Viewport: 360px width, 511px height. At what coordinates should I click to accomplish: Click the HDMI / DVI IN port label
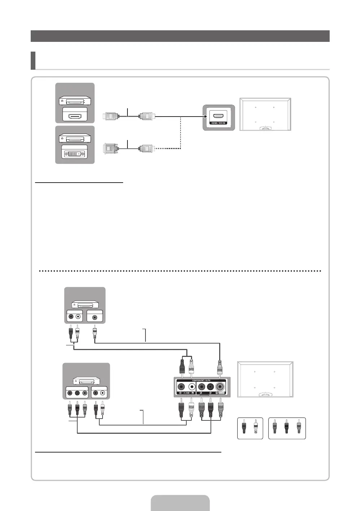[x=218, y=123]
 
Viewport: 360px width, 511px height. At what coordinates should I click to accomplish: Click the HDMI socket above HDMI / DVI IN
[x=218, y=116]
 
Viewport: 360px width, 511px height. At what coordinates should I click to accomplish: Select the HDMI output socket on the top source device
[x=74, y=116]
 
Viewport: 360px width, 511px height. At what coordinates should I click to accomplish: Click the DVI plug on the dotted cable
[x=110, y=148]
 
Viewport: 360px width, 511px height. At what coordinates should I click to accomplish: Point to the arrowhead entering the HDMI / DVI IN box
[x=206, y=117]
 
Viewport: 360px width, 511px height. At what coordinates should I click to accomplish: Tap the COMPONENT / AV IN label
[x=200, y=381]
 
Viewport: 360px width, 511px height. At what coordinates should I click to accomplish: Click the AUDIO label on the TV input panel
[x=186, y=393]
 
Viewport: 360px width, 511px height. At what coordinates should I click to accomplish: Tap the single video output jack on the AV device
[x=95, y=318]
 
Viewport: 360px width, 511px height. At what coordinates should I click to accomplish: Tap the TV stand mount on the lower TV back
[x=265, y=395]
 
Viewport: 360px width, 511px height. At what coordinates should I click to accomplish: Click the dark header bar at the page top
[x=180, y=36]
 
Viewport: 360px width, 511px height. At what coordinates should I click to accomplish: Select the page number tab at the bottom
[x=180, y=503]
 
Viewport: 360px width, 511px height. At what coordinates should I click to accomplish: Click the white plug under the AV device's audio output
[x=77, y=331]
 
